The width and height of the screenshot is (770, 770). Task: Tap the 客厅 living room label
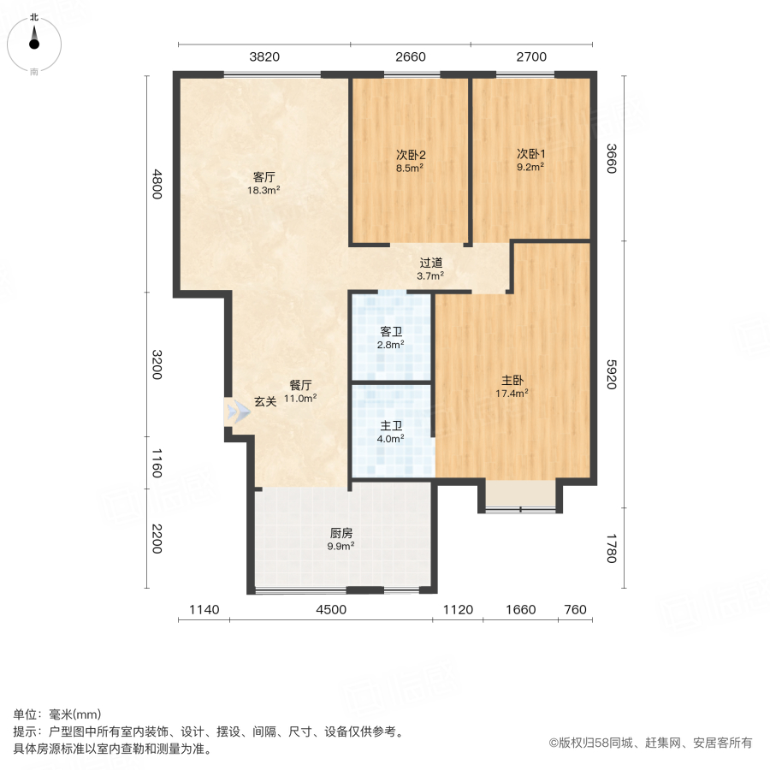click(x=264, y=178)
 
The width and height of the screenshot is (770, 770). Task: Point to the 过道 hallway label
click(x=430, y=264)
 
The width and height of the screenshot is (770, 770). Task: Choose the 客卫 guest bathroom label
click(x=391, y=332)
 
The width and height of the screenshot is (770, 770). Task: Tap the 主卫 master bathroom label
click(x=391, y=425)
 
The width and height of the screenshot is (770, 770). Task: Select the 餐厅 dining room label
click(x=299, y=385)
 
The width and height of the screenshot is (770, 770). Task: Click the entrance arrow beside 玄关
click(x=238, y=412)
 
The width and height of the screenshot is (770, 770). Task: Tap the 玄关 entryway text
click(x=265, y=402)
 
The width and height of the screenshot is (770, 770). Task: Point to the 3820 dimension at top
click(x=264, y=57)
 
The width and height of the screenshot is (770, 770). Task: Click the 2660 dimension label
click(x=411, y=57)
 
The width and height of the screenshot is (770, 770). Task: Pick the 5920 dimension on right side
click(x=611, y=373)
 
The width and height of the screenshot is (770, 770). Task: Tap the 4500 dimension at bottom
click(x=331, y=610)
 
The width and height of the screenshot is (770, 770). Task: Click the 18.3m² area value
click(x=264, y=191)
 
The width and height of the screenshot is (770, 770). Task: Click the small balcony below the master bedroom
click(x=520, y=495)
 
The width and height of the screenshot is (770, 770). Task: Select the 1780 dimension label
click(x=611, y=548)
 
